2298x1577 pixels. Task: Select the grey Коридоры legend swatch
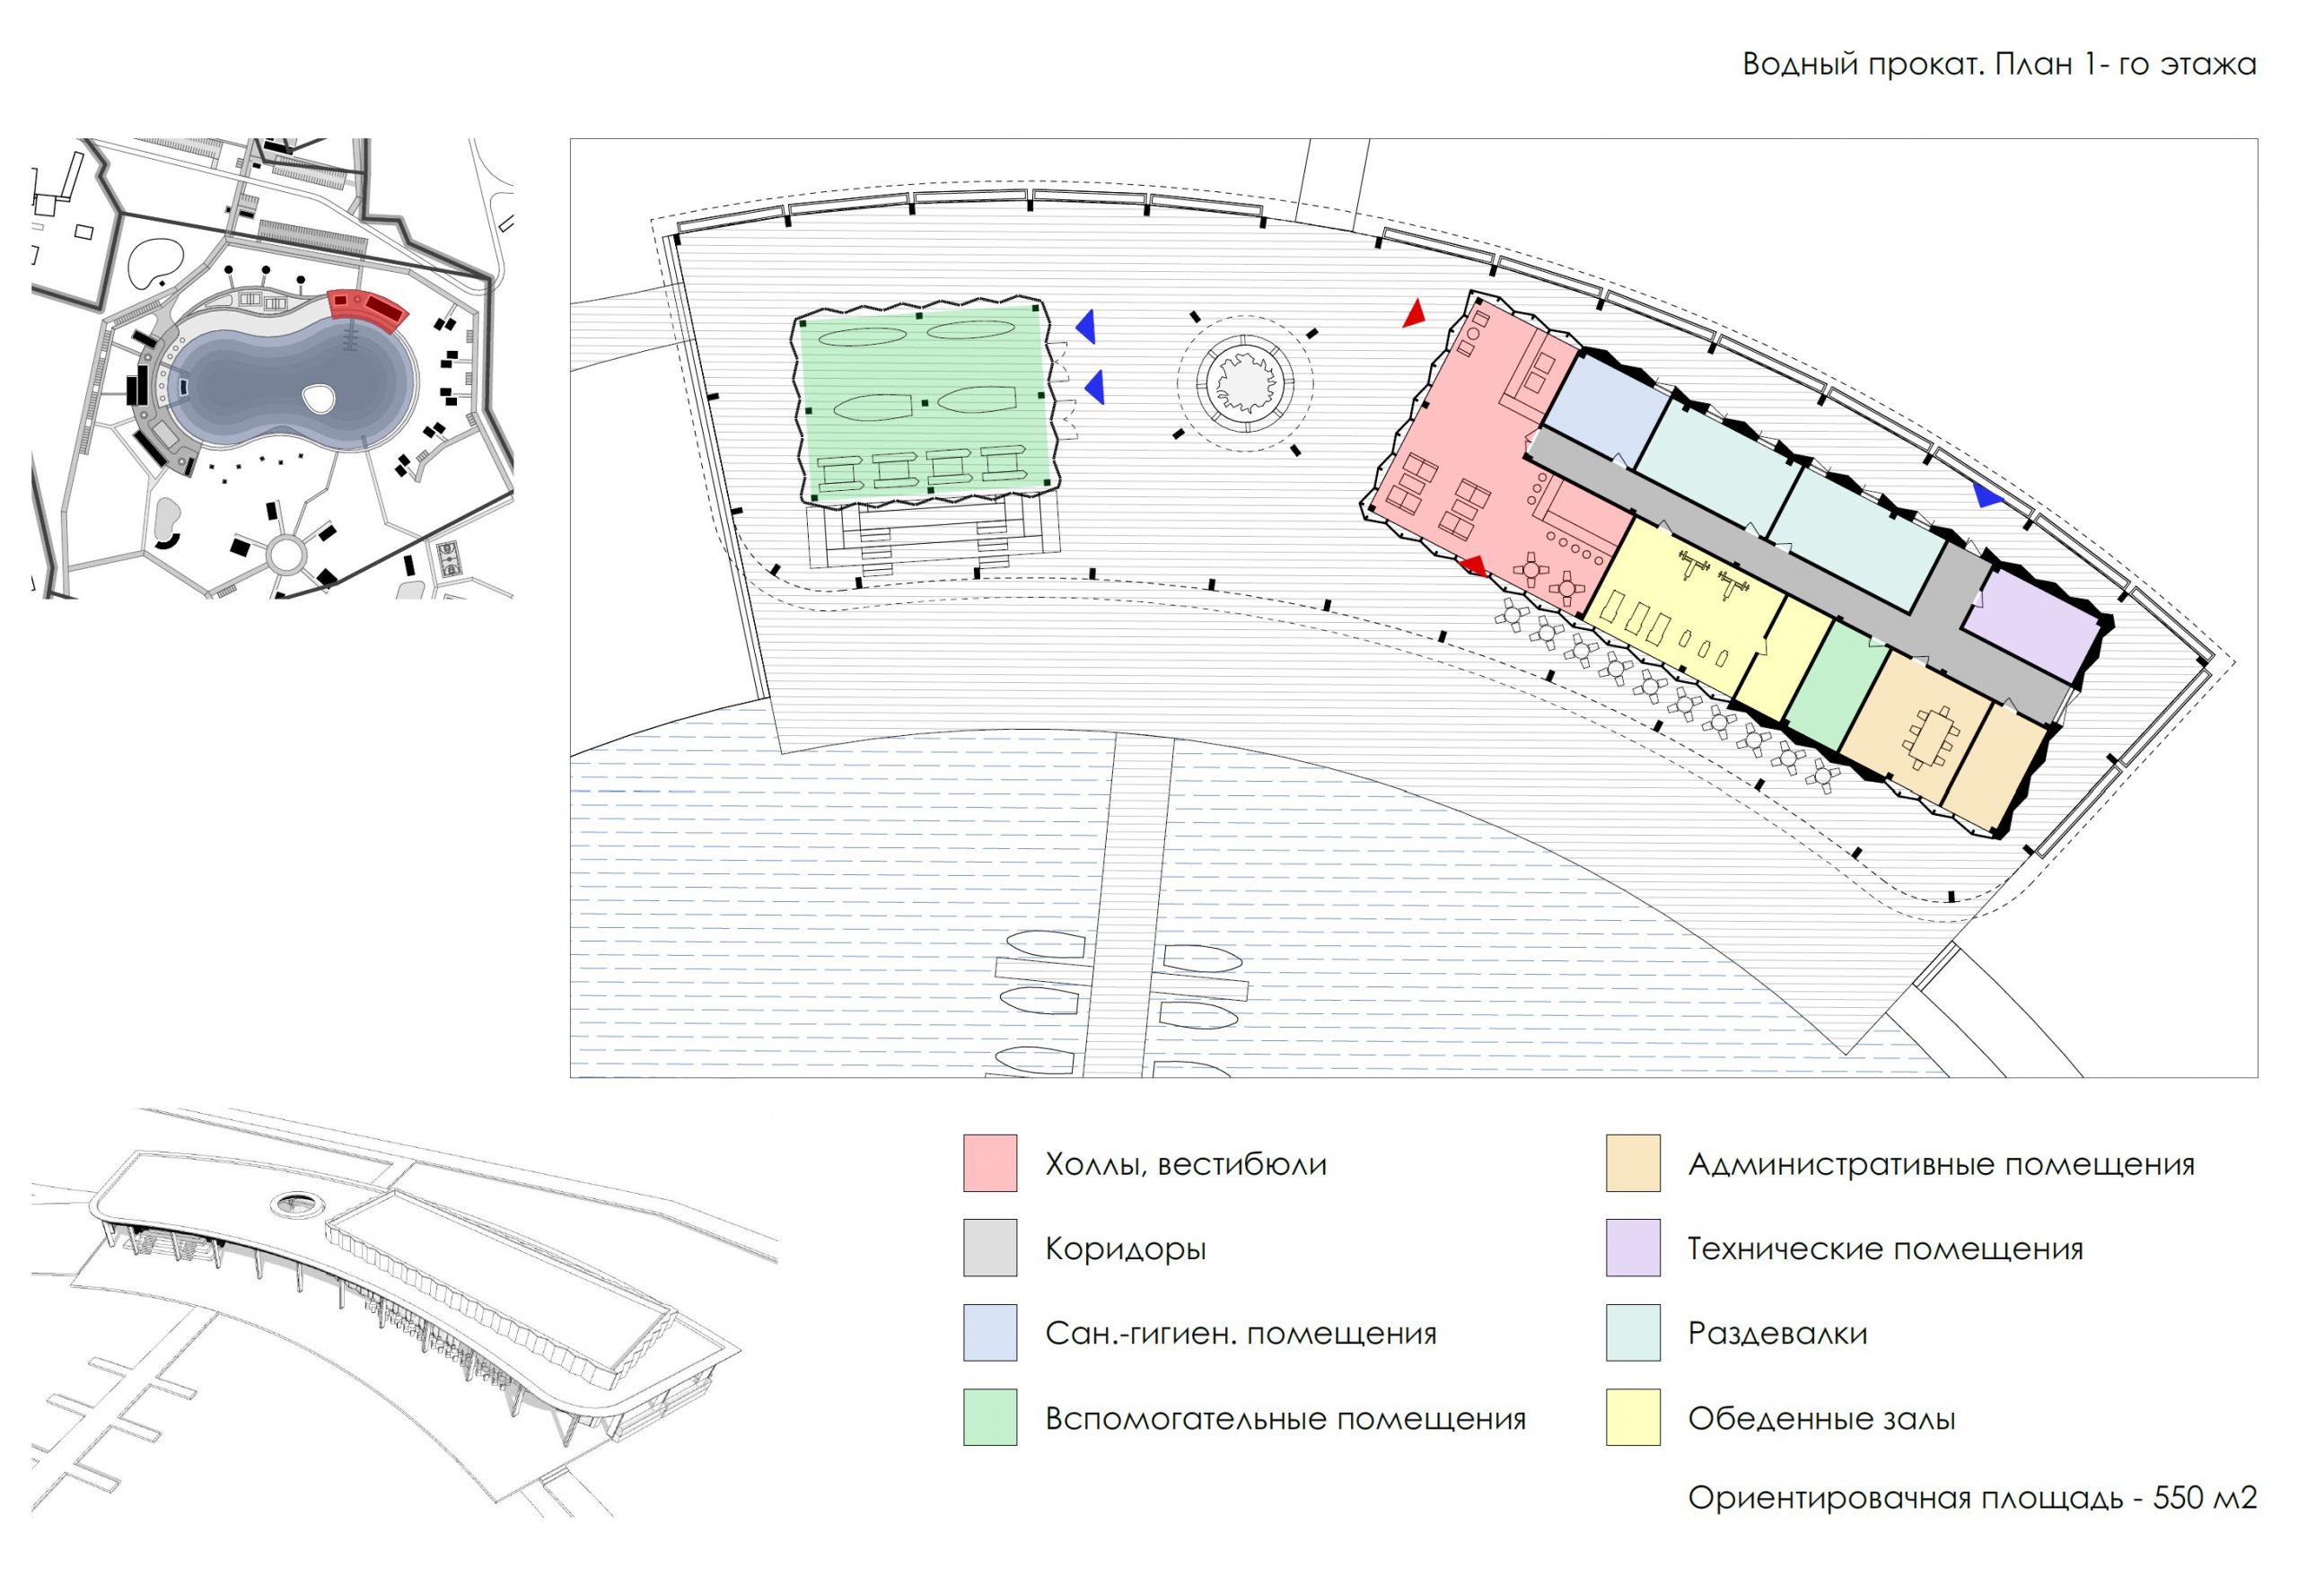[990, 1248]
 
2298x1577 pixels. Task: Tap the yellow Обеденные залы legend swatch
[1633, 1418]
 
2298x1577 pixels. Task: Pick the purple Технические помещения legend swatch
[1633, 1248]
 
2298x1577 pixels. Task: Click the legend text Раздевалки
[1776, 1334]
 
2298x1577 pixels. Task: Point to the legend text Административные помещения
[1940, 1164]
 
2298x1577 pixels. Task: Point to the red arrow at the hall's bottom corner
[1474, 565]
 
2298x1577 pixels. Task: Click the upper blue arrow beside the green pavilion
[1086, 327]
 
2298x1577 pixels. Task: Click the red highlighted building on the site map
[368, 310]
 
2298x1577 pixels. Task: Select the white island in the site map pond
[320, 399]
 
